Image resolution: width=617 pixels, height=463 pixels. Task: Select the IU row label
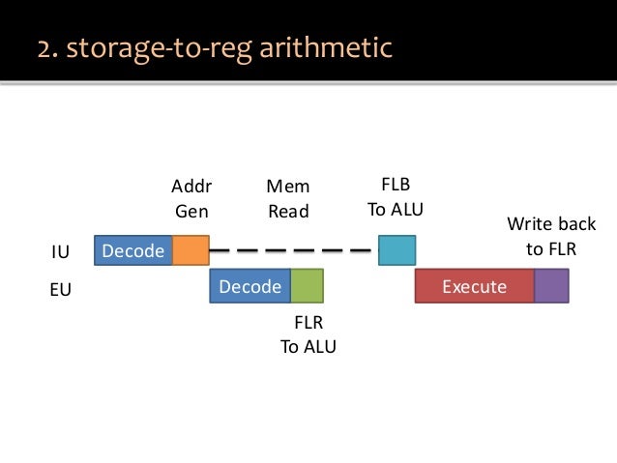pyautogui.click(x=60, y=252)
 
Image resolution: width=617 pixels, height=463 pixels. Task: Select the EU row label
pyautogui.click(x=60, y=288)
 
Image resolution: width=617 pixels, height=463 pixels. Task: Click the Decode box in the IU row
pyautogui.click(x=132, y=251)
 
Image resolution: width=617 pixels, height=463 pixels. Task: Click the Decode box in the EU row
pyautogui.click(x=250, y=287)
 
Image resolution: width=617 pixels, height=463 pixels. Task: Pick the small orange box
pyautogui.click(x=191, y=251)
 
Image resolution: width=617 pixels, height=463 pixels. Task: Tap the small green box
pyautogui.click(x=307, y=287)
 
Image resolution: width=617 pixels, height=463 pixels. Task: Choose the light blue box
pyautogui.click(x=397, y=251)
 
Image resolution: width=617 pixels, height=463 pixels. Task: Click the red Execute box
pyautogui.click(x=474, y=287)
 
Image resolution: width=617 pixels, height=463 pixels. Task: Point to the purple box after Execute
pyautogui.click(x=551, y=287)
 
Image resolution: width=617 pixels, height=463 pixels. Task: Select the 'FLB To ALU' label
pyautogui.click(x=396, y=196)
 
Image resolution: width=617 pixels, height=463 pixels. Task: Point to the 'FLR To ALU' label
pyautogui.click(x=308, y=335)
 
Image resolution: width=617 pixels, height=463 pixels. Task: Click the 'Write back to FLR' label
pyautogui.click(x=551, y=237)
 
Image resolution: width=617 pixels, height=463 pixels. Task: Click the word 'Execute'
pyautogui.click(x=474, y=287)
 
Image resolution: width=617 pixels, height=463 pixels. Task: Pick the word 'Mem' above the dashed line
pyautogui.click(x=288, y=185)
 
